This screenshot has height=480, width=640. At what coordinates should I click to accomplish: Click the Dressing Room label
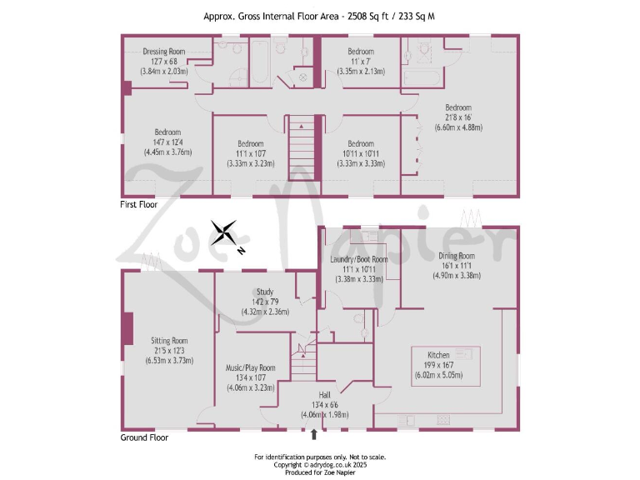point(164,52)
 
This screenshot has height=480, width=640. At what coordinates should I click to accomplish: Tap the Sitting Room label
point(169,340)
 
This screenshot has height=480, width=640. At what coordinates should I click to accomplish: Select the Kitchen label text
point(438,355)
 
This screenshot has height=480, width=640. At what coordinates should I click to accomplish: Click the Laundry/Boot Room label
point(359,259)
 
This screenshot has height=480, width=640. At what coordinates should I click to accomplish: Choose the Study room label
point(265,292)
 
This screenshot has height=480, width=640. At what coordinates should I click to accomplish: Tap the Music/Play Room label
point(251,367)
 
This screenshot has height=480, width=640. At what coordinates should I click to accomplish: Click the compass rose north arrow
point(224,232)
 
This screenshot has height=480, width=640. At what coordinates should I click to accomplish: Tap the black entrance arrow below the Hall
point(313,434)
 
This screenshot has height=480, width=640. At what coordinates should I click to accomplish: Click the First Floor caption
point(140,203)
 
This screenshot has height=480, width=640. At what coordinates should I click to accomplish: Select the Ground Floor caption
point(145,437)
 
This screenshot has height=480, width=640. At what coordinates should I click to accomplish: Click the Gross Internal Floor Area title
point(320,15)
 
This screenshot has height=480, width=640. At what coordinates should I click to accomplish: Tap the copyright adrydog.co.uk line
point(320,465)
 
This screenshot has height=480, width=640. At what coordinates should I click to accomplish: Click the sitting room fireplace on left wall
point(127,327)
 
